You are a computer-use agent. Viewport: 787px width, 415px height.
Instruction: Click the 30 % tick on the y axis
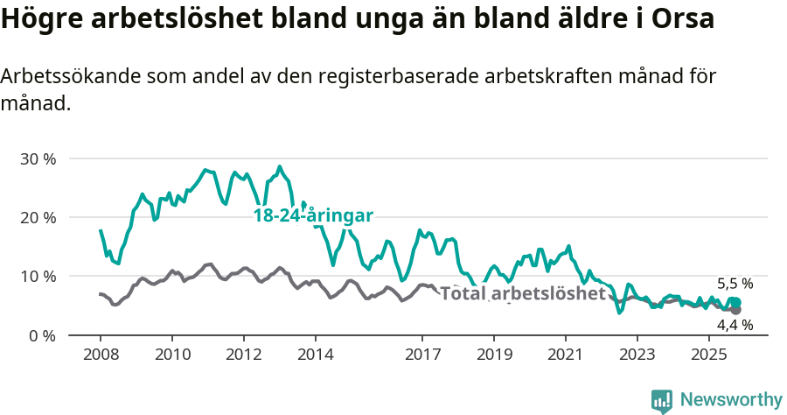tap(37, 159)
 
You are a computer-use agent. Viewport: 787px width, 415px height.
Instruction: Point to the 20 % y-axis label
tap(37, 218)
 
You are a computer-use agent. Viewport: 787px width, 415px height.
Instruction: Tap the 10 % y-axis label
tap(37, 277)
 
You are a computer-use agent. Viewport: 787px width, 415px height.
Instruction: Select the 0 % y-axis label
tap(40, 335)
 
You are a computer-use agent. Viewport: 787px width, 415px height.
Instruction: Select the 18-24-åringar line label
tap(314, 215)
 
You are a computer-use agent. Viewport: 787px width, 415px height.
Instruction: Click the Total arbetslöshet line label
tap(522, 293)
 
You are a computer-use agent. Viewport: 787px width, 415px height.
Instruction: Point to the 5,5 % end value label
tap(735, 284)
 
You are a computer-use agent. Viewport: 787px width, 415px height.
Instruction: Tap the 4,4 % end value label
tap(735, 325)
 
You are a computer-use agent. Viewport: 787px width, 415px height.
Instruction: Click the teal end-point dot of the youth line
tap(735, 302)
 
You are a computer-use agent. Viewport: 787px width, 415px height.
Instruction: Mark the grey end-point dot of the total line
tap(735, 310)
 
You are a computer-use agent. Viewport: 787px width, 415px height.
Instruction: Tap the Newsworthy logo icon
tap(662, 401)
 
